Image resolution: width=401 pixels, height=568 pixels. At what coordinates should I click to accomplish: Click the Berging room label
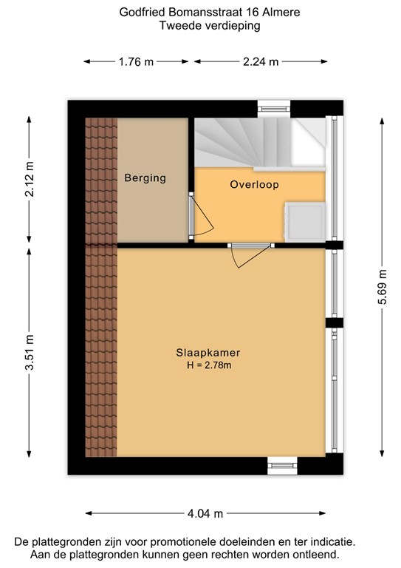point(145,178)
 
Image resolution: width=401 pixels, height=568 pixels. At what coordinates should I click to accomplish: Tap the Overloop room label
point(254,185)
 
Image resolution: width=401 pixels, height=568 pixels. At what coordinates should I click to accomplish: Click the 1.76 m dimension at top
point(136,62)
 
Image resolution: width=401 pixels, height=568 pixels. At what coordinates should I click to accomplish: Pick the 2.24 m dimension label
point(260,62)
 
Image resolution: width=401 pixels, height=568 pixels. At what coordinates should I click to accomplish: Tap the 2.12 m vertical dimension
point(30,178)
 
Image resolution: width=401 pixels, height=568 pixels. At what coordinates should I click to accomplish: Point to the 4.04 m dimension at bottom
point(206,513)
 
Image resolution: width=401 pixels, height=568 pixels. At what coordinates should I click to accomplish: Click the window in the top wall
point(275,109)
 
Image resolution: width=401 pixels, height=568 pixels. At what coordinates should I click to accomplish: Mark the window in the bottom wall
point(281,464)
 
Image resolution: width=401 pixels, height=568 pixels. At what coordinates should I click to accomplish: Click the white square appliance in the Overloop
point(304,220)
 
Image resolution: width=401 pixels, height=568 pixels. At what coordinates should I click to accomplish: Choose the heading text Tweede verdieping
point(200,26)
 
